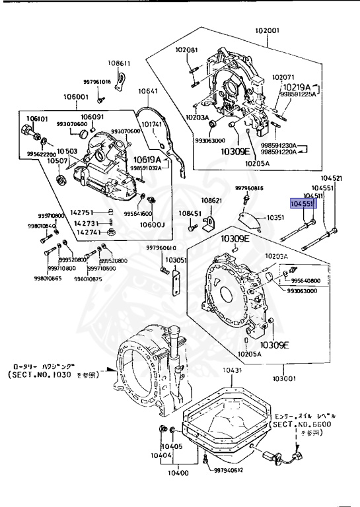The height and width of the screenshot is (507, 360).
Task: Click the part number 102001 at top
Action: (x=268, y=30)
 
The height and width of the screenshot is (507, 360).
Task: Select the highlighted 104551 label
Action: (x=305, y=205)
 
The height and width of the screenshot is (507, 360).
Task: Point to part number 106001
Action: (x=76, y=97)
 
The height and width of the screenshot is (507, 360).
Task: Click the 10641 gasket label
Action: (x=147, y=91)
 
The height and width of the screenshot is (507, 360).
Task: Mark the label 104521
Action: (x=332, y=178)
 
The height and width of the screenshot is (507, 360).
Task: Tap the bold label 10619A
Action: (x=149, y=160)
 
